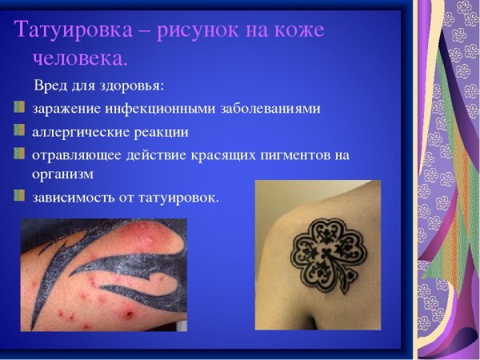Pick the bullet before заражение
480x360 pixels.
[19, 108]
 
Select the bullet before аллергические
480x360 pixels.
[19, 130]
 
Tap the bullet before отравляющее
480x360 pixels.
[19, 153]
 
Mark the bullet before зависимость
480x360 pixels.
[19, 194]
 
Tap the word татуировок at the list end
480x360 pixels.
[178, 195]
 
